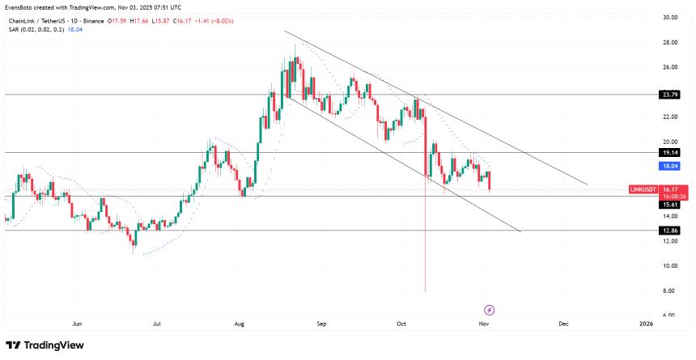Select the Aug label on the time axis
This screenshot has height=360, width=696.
pyautogui.click(x=240, y=324)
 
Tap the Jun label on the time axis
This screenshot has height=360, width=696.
pyautogui.click(x=78, y=324)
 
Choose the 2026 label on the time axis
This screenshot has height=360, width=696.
pyautogui.click(x=646, y=324)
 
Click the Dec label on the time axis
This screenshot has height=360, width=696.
pyautogui.click(x=563, y=324)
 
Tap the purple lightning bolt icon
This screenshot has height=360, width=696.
pyautogui.click(x=489, y=310)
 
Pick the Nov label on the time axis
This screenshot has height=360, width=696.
pyautogui.click(x=484, y=324)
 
